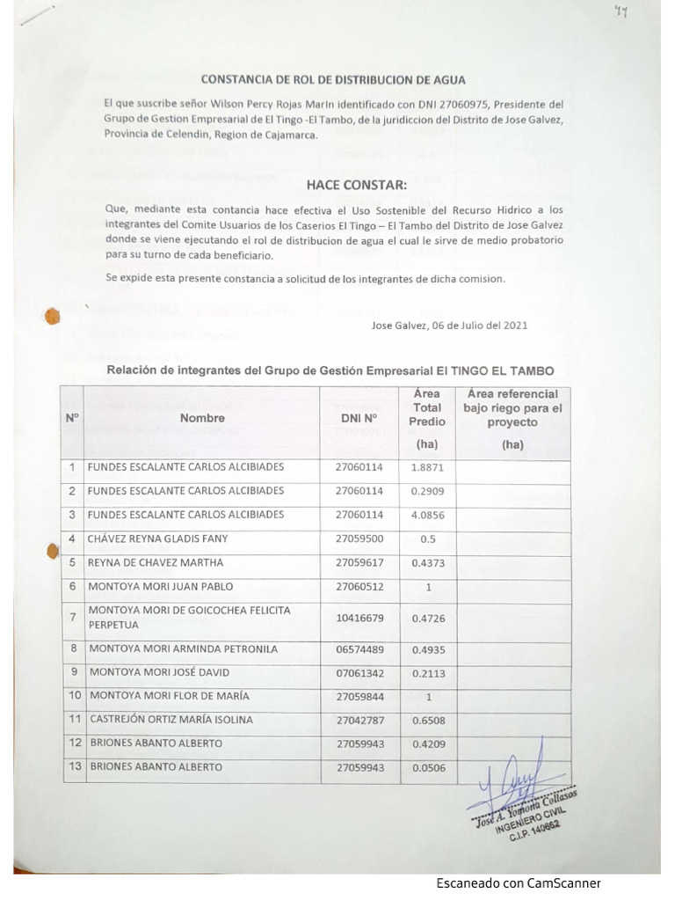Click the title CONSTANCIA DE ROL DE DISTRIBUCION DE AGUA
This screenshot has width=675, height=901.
click(x=333, y=79)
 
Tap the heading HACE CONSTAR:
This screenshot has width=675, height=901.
click(x=356, y=185)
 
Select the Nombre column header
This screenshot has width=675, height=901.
click(x=202, y=418)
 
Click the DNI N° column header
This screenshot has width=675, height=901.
click(x=359, y=418)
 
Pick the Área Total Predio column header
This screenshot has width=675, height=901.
click(x=427, y=408)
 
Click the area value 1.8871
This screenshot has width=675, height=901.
click(x=427, y=467)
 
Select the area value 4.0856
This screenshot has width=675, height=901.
click(x=427, y=514)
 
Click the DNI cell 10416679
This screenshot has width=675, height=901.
click(x=359, y=618)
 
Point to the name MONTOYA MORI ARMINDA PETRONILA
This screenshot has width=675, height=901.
click(x=183, y=649)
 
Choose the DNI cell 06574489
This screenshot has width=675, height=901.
click(x=359, y=649)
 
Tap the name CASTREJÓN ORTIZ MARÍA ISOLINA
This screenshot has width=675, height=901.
click(x=171, y=720)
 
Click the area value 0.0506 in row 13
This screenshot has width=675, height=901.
click(x=427, y=767)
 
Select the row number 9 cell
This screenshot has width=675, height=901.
click(x=72, y=672)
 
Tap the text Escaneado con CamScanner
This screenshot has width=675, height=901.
click(x=519, y=883)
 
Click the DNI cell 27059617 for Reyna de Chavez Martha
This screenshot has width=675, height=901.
click(x=359, y=562)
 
